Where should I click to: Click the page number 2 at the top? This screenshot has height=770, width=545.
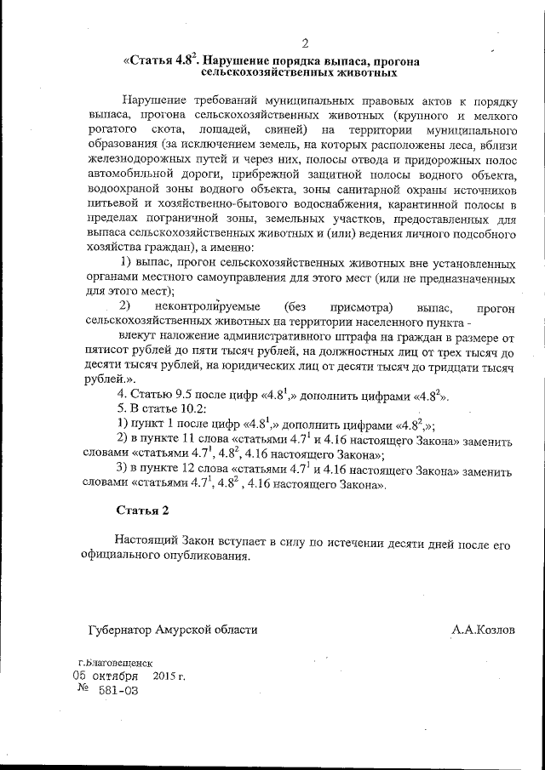(x=304, y=44)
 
